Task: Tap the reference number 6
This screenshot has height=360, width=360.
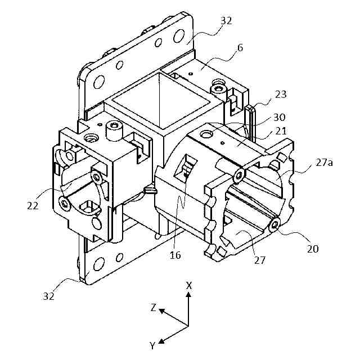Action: click(240, 47)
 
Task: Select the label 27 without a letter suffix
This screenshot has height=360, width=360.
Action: click(259, 260)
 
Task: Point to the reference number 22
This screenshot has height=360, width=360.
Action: click(32, 206)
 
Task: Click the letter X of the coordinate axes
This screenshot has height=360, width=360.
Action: click(189, 285)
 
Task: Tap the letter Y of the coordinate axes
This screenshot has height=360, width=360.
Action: click(152, 345)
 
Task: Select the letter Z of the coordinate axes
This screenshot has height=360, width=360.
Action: click(152, 308)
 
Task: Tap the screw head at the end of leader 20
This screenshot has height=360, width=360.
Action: click(275, 226)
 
